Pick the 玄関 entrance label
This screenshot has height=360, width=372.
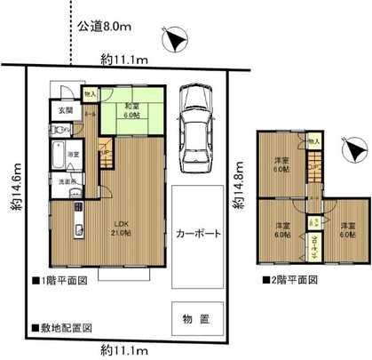(67, 111)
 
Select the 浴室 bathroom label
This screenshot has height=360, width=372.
(75, 154)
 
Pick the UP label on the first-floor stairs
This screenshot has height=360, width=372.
(106, 153)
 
